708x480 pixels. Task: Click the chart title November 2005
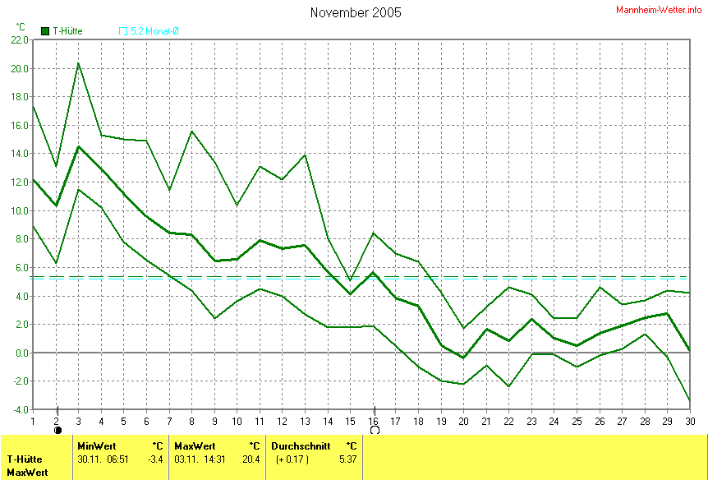pos(356,12)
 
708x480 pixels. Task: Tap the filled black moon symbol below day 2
pos(57,430)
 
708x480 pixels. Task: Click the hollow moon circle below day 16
pos(375,430)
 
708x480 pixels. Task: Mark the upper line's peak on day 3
pos(79,63)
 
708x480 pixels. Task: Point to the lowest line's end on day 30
pos(689,400)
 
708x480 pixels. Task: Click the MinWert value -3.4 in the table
pos(155,459)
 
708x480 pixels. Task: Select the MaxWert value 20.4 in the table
pos(251,459)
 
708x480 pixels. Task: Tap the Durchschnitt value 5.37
pos(348,459)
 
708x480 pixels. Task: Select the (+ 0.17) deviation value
pos(292,459)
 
